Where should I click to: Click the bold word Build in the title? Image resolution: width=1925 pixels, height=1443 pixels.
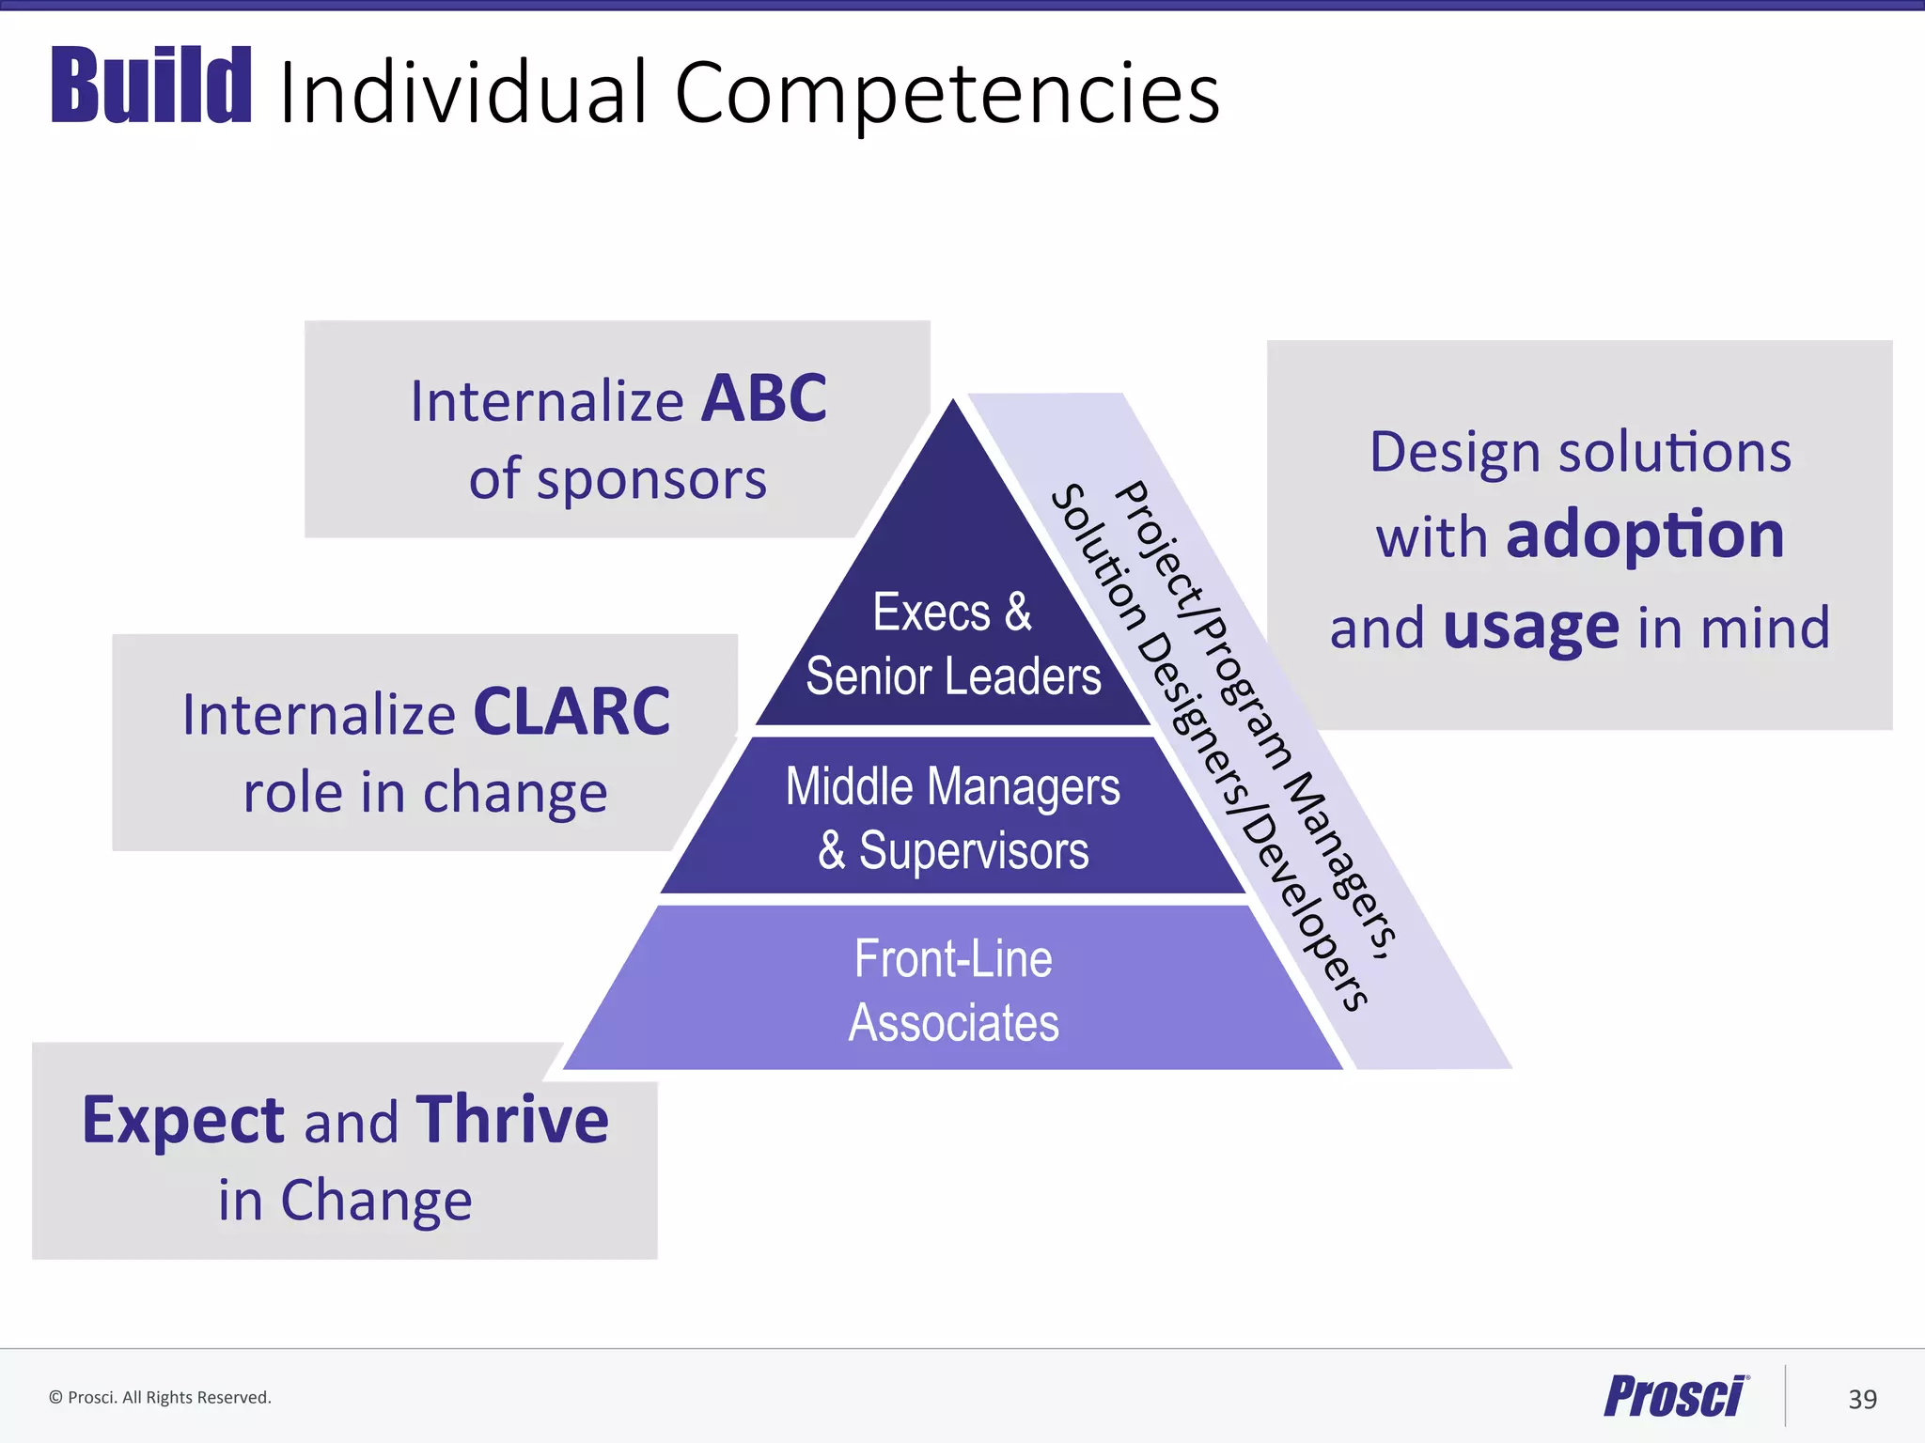[151, 86]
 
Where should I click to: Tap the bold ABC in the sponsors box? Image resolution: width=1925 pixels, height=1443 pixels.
[763, 399]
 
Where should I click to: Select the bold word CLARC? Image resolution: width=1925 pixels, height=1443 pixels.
[571, 712]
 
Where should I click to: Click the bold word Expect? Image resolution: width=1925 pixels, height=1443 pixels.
[183, 1121]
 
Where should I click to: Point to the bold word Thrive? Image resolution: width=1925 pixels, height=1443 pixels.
[512, 1120]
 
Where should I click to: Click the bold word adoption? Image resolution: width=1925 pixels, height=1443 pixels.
[1645, 535]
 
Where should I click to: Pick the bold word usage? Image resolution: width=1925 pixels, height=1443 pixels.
[1531, 627]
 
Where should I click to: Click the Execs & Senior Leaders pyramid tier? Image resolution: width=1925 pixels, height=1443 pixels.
[952, 644]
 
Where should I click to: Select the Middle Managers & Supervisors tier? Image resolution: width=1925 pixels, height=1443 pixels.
[952, 816]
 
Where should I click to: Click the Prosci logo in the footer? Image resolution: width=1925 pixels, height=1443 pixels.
[1675, 1396]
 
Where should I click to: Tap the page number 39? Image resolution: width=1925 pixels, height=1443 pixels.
[1862, 1400]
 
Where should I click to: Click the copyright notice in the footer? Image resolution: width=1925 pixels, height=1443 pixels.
[160, 1398]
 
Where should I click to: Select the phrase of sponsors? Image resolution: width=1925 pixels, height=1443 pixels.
[618, 479]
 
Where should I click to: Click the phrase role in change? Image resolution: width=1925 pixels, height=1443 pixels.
[425, 792]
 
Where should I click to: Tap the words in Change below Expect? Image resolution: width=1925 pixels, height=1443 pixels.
[345, 1201]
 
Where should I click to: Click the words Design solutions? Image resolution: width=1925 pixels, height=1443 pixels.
[1580, 453]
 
